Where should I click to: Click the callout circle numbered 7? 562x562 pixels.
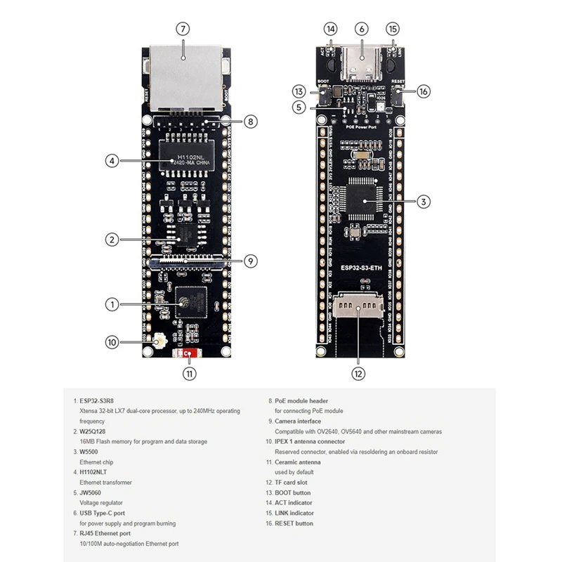pos(182,29)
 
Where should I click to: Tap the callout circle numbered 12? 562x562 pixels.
pos(359,373)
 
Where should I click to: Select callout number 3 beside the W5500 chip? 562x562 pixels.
pos(423,202)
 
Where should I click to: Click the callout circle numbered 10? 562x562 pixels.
pos(112,343)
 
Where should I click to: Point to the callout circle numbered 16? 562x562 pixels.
pos(423,91)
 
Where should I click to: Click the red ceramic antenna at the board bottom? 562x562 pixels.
pos(186,355)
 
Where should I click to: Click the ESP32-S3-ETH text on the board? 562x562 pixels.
pos(361,268)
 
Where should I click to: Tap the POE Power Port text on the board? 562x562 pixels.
pos(362,127)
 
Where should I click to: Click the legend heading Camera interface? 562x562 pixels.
pos(298,421)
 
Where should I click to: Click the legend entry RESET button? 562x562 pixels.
pos(294,523)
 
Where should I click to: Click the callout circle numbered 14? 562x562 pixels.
pos(330,29)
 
